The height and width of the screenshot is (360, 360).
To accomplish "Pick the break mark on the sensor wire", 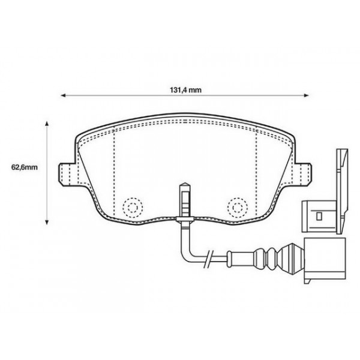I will click(208, 260).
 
